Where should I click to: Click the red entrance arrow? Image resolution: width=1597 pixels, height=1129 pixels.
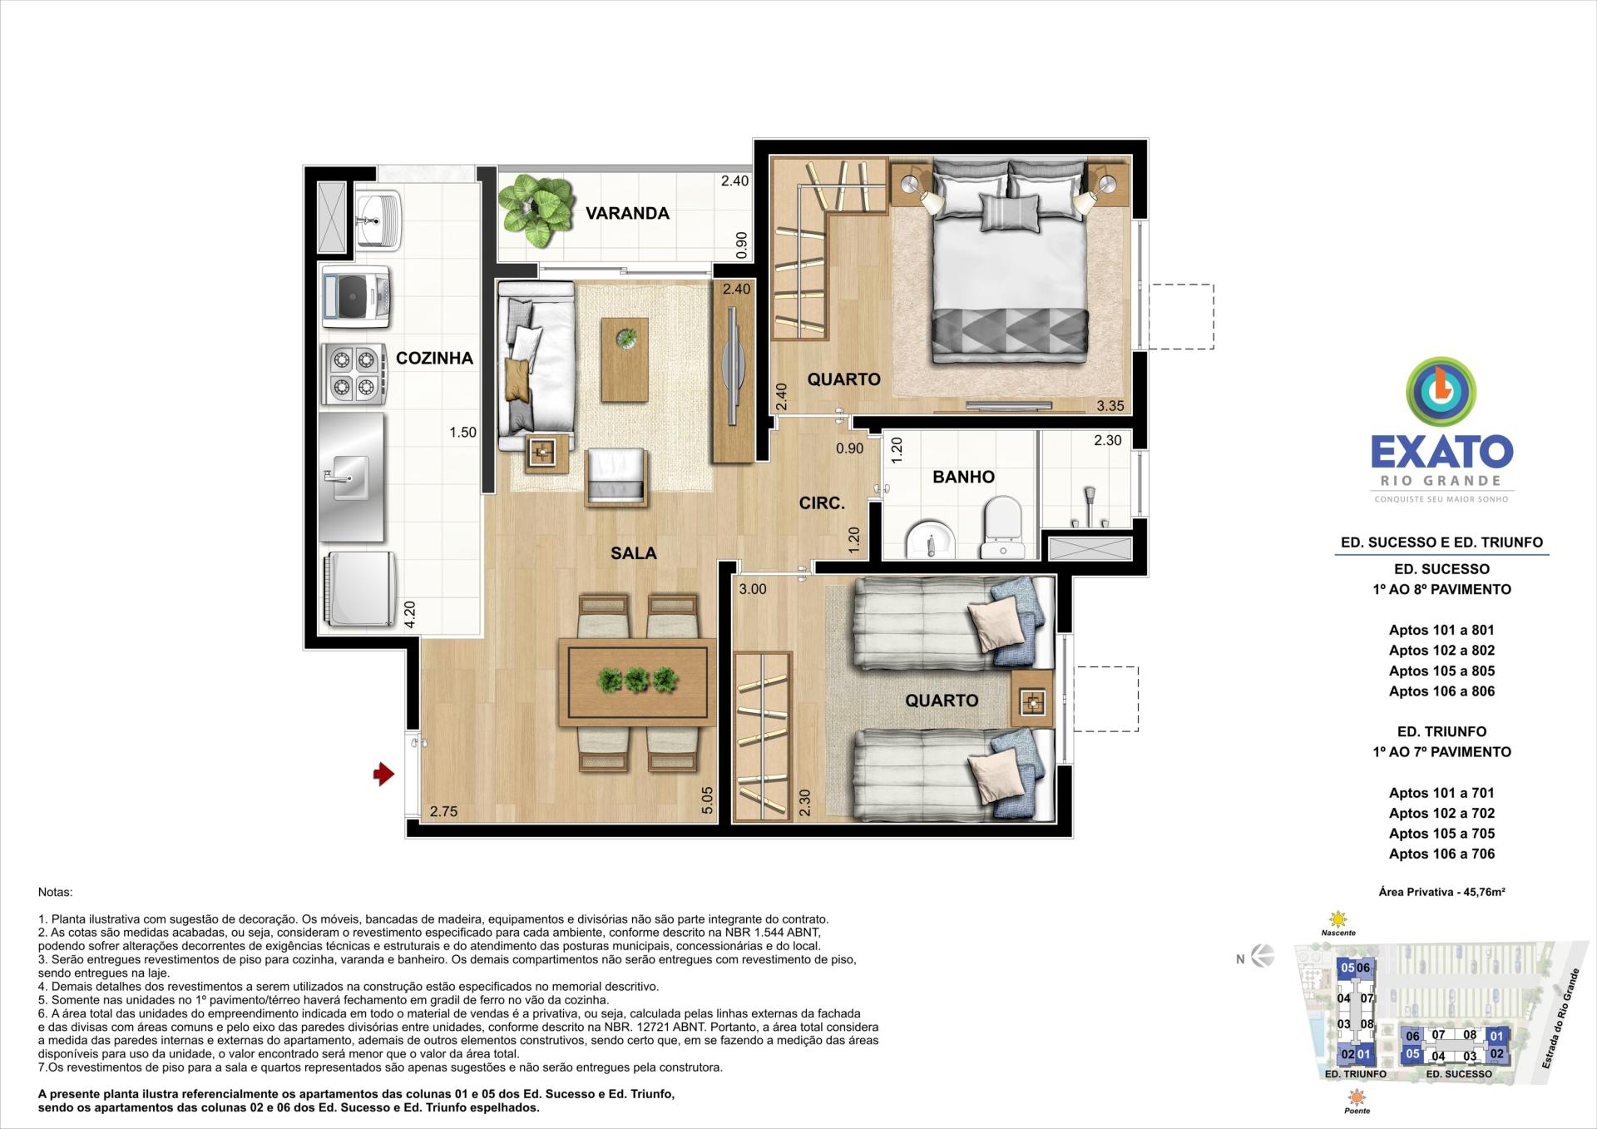coord(383,775)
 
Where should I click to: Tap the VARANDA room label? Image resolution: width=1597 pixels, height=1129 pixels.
coord(627,213)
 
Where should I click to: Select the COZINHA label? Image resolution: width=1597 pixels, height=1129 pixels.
coord(434,358)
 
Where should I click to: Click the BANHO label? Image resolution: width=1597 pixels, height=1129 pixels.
coord(963,477)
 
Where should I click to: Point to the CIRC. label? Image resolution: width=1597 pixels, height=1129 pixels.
coord(822,503)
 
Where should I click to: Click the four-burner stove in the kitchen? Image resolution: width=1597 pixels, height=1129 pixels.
coord(353,374)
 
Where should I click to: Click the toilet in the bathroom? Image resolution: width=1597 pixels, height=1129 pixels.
coord(1001,526)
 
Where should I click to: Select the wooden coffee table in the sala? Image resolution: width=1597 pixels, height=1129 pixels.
coord(625,359)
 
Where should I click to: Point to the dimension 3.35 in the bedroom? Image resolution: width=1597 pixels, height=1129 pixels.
coord(1110,406)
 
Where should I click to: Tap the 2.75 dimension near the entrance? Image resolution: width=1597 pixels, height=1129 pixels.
coord(443,812)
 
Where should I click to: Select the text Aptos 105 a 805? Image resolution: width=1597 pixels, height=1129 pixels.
coord(1441,671)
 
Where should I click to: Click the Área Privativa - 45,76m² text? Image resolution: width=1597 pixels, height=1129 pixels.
coord(1441,892)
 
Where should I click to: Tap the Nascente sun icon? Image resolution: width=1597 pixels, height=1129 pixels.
coord(1338,920)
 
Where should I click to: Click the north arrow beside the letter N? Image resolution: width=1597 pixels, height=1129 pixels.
coord(1263,957)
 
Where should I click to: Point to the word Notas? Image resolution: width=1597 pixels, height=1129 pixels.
coord(56,892)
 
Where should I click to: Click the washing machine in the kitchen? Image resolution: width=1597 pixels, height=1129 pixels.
coord(357,295)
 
